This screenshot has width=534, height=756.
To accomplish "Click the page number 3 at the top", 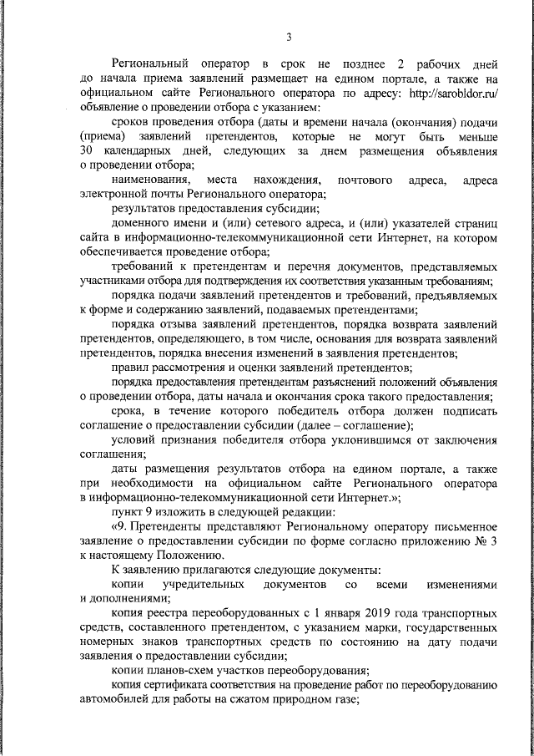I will (x=289, y=36).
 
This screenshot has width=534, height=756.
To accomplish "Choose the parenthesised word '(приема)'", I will (x=103, y=135).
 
